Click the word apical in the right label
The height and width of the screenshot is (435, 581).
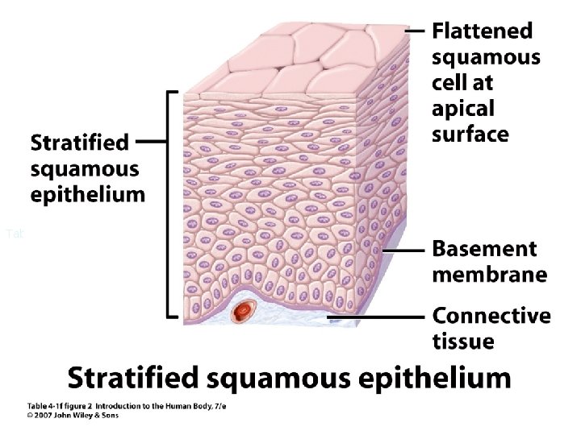click(x=462, y=108)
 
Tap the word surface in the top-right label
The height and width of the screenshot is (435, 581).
click(x=471, y=133)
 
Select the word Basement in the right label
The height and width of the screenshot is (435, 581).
click(x=484, y=249)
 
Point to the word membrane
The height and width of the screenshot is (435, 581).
click(x=489, y=275)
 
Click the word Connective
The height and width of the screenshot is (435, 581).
click(x=491, y=316)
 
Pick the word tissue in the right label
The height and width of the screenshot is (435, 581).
click(x=463, y=342)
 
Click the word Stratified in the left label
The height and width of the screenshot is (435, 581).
click(x=79, y=143)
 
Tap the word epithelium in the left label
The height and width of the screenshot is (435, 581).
click(x=88, y=194)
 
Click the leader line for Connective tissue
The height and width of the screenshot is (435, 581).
click(x=379, y=317)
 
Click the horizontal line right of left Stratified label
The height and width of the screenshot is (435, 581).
click(x=151, y=141)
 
